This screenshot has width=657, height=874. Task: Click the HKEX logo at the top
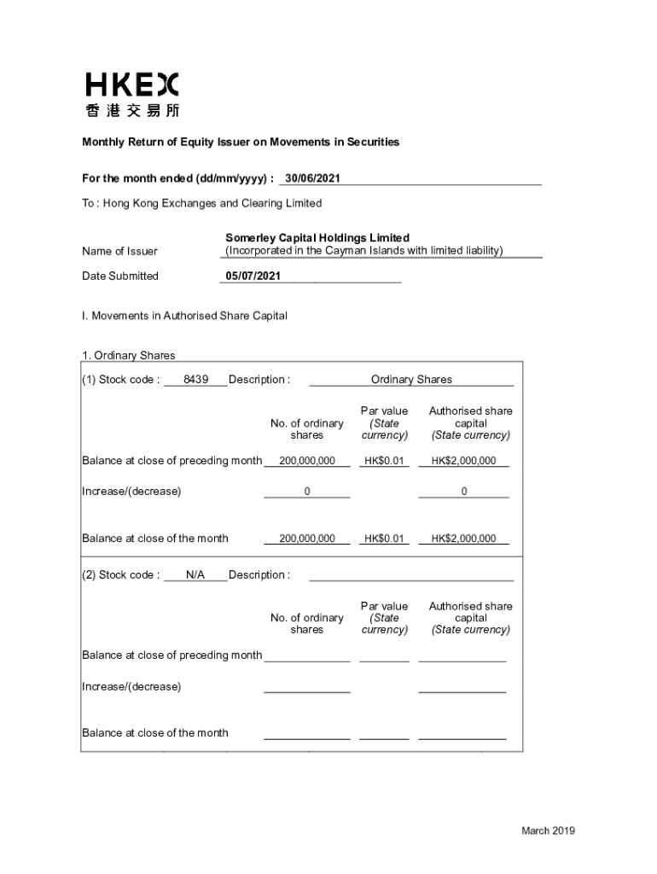(x=132, y=84)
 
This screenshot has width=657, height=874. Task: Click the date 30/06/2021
(x=313, y=178)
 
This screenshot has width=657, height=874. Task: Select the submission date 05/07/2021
(x=252, y=276)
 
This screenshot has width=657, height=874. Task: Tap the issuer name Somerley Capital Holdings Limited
(x=317, y=237)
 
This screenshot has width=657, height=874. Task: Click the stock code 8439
(x=195, y=380)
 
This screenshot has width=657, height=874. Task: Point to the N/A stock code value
(x=195, y=574)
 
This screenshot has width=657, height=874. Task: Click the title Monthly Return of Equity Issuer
(x=240, y=142)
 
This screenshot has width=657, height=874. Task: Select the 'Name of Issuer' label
(x=119, y=251)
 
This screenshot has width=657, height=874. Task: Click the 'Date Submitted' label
(x=119, y=276)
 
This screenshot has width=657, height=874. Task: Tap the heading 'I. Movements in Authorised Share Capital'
(x=184, y=316)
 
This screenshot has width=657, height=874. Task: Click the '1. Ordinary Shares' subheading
(x=128, y=356)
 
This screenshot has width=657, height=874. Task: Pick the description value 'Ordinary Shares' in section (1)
(x=411, y=380)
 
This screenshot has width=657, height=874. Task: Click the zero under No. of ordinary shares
(x=307, y=492)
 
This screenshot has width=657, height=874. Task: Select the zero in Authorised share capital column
(x=463, y=492)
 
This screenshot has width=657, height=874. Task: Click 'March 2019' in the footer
(x=549, y=830)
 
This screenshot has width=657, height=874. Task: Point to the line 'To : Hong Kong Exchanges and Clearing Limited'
(x=201, y=203)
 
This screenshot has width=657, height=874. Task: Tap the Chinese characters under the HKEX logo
(x=132, y=110)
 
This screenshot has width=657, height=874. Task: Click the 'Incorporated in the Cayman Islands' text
(x=363, y=251)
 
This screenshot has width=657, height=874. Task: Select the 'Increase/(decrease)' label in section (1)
(x=131, y=492)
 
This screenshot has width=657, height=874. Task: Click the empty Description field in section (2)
(x=411, y=574)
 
